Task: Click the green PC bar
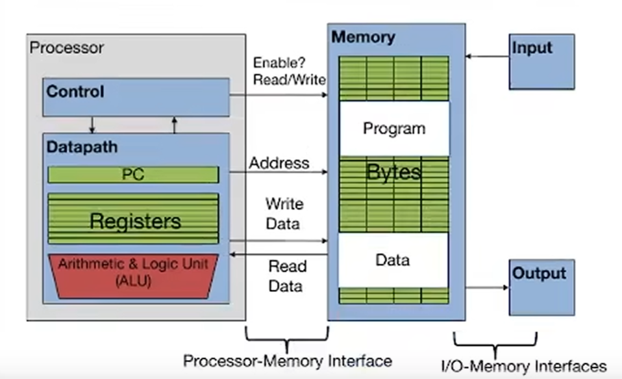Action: (133, 174)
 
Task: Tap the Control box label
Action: (75, 92)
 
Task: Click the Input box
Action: (541, 61)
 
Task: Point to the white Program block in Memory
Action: (394, 129)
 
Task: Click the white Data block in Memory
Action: (393, 260)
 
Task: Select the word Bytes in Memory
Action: (394, 172)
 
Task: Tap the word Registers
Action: (135, 222)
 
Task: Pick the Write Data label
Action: (284, 214)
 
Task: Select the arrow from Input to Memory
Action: (487, 57)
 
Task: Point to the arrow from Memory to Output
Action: (487, 286)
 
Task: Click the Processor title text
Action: (66, 47)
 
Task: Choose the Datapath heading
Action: (82, 147)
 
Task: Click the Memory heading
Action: (363, 36)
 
